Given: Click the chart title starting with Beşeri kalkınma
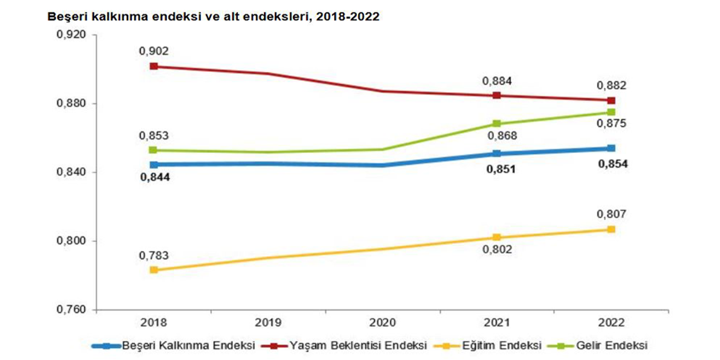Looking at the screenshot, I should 213,17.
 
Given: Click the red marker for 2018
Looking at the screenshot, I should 153,66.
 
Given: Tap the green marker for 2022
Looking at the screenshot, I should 611,112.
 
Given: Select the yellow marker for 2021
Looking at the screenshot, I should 497,237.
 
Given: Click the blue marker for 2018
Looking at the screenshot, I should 153,165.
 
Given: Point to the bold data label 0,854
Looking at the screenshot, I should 611,164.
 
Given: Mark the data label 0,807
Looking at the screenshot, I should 611,215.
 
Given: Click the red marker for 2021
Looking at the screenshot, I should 497,95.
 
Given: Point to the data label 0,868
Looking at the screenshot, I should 497,136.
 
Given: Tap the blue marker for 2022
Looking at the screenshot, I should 611,148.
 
